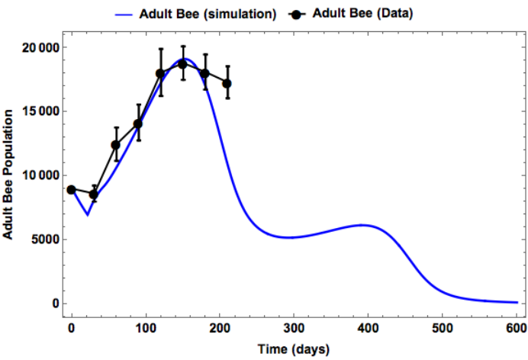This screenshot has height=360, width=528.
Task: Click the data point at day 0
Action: pyautogui.click(x=71, y=190)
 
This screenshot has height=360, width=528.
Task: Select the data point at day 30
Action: pyautogui.click(x=94, y=194)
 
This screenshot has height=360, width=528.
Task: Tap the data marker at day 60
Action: pyautogui.click(x=115, y=145)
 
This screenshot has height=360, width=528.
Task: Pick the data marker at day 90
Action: pyautogui.click(x=138, y=124)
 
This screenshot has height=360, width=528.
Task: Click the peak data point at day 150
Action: pyautogui.click(x=182, y=64)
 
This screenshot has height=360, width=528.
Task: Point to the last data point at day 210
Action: pyautogui.click(x=227, y=83)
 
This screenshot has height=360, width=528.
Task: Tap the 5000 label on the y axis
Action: pyautogui.click(x=45, y=239)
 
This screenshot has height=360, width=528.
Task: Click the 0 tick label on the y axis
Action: pyautogui.click(x=56, y=304)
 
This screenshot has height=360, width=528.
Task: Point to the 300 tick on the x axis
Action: pyautogui.click(x=294, y=328)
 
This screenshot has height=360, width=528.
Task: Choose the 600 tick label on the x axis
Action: pyautogui.click(x=517, y=328)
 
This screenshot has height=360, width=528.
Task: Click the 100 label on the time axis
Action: pyautogui.click(x=146, y=328)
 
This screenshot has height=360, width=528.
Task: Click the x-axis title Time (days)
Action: pyautogui.click(x=293, y=349)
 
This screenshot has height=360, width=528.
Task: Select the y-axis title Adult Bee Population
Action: pyautogui.click(x=8, y=175)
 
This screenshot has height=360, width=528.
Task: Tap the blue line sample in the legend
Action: pyautogui.click(x=124, y=14)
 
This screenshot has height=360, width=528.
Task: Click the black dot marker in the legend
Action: pyautogui.click(x=296, y=14)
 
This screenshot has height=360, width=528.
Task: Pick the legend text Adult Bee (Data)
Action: pyautogui.click(x=362, y=14)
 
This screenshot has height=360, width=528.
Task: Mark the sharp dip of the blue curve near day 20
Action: pyautogui.click(x=88, y=214)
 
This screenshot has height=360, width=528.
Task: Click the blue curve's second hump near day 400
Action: pyautogui.click(x=362, y=225)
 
